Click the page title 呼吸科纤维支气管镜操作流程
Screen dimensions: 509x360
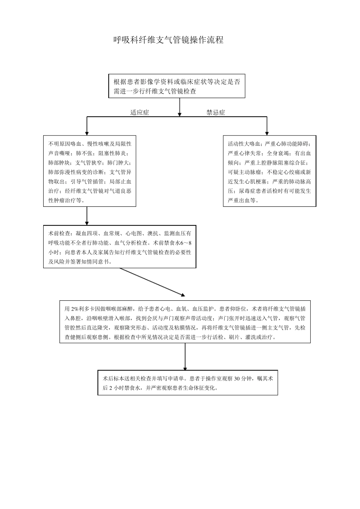(169, 40)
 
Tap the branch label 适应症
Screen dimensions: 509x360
(140, 112)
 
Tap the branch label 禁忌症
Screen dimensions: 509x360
(216, 112)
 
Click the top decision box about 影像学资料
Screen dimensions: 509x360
(177, 86)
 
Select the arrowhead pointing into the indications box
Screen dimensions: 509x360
(87, 133)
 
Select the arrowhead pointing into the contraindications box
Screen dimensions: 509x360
(267, 133)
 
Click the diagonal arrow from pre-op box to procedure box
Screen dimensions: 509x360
(152, 281)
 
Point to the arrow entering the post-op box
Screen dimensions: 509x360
(185, 367)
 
